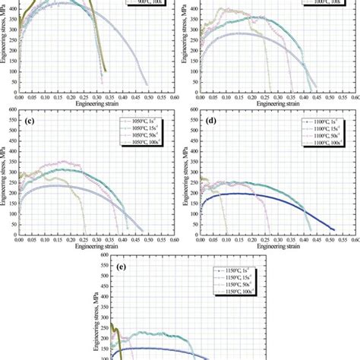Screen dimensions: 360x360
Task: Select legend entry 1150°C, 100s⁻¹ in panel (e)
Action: [x=236, y=293]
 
